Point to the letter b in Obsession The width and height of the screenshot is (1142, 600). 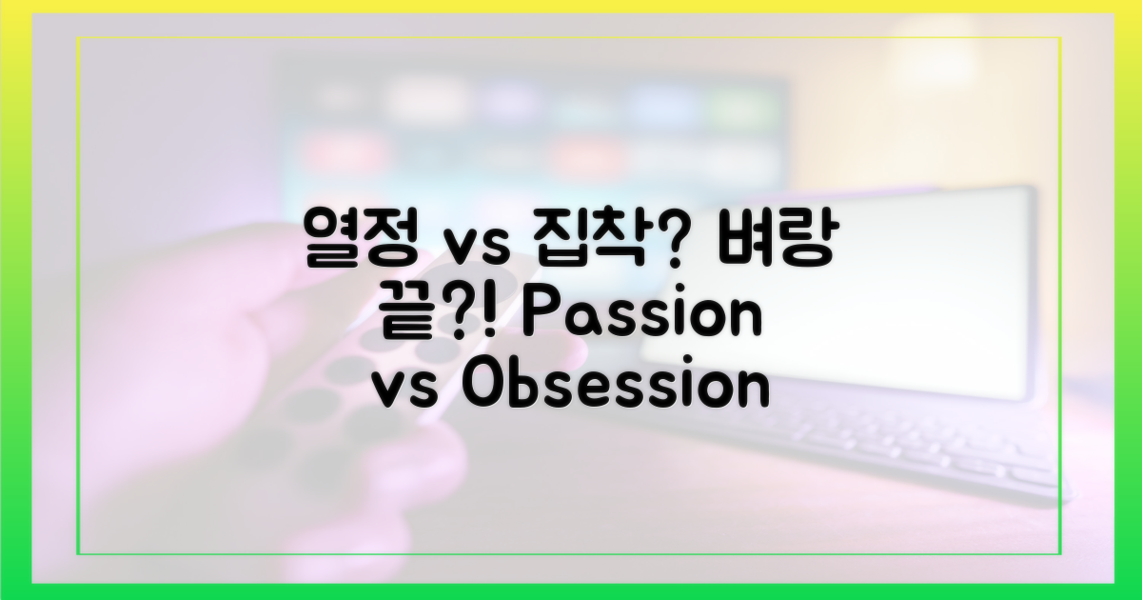tap(519, 389)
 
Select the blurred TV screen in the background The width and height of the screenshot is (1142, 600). tap(533, 124)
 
